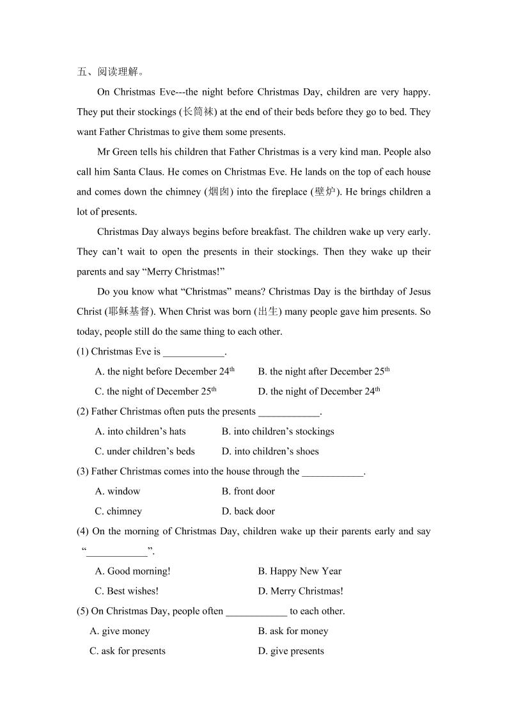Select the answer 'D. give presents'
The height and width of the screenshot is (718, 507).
(291, 651)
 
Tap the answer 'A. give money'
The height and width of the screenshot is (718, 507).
(120, 631)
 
